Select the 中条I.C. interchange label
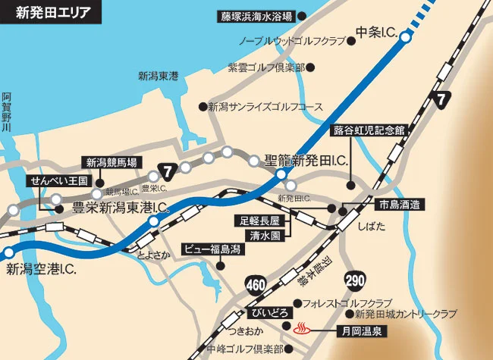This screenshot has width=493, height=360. coord(376,33)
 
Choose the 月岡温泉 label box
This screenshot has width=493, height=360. coord(354,330)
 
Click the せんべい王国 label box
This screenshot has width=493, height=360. coord(60,181)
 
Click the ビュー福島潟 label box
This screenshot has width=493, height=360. coord(213,248)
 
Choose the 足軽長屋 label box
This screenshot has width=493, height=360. coord(256,221)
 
